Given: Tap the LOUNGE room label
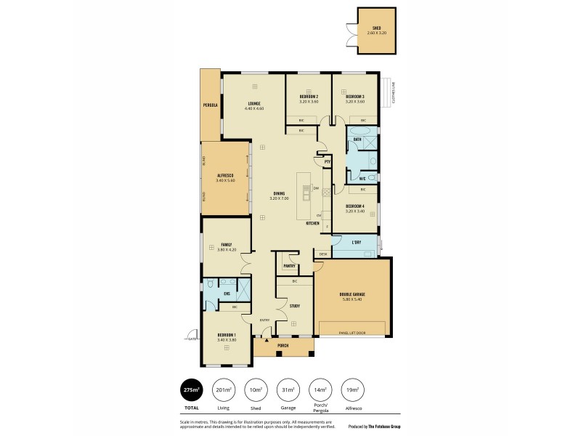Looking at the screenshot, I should (x=254, y=103).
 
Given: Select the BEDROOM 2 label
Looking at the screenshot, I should (x=309, y=97).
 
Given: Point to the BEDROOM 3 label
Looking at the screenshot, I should (x=354, y=97).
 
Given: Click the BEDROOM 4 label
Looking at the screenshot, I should (x=354, y=206).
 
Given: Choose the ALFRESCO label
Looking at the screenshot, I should (x=224, y=175).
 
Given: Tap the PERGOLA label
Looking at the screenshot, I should (x=211, y=105).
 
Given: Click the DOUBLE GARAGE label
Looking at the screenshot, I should (x=352, y=294).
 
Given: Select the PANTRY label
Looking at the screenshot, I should (x=289, y=266).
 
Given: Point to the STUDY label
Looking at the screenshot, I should (x=294, y=306).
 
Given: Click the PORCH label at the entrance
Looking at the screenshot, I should (x=283, y=346).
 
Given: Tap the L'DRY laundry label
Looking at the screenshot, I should (x=356, y=241).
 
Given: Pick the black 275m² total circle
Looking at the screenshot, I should (x=191, y=390).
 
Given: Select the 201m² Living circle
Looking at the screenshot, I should (x=223, y=390).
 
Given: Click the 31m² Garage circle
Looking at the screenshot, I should (x=287, y=390).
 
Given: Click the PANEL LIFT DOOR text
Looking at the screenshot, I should (x=352, y=333).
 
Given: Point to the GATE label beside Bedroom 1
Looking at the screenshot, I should (x=192, y=339).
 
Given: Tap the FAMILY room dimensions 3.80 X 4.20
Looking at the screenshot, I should (x=226, y=249).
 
